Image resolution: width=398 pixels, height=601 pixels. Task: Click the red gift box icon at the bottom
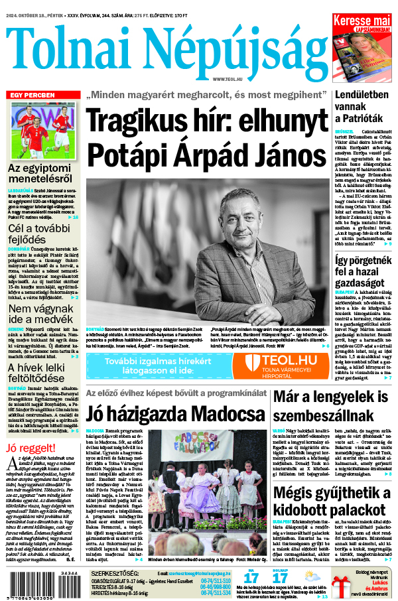[343, 586]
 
